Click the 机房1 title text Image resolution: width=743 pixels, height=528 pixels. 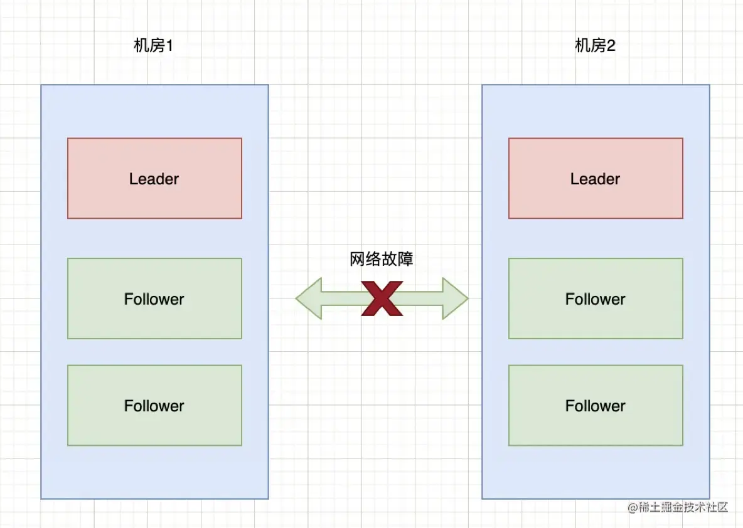[x=153, y=46]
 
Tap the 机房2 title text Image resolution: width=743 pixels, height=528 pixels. [x=595, y=46]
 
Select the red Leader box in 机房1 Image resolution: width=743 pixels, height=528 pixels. [x=154, y=179]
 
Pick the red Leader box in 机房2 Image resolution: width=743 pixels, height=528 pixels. [x=596, y=179]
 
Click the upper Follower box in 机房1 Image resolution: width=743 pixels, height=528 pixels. [x=154, y=298]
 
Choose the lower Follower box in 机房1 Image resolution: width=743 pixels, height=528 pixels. [x=154, y=406]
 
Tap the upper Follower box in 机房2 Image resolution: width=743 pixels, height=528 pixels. [x=596, y=298]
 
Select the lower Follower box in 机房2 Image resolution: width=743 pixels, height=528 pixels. [x=596, y=406]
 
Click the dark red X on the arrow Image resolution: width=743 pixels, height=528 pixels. [x=382, y=298]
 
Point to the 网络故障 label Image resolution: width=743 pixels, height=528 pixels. [x=382, y=260]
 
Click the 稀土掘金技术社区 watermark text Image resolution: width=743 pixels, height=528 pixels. [x=683, y=507]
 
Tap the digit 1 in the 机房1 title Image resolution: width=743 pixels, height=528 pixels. [x=168, y=46]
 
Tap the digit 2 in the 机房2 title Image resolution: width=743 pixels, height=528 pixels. [x=611, y=46]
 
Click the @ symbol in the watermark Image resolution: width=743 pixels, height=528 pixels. [x=633, y=508]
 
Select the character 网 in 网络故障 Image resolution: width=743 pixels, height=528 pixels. [x=358, y=260]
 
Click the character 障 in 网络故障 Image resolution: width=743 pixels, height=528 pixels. [x=406, y=260]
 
